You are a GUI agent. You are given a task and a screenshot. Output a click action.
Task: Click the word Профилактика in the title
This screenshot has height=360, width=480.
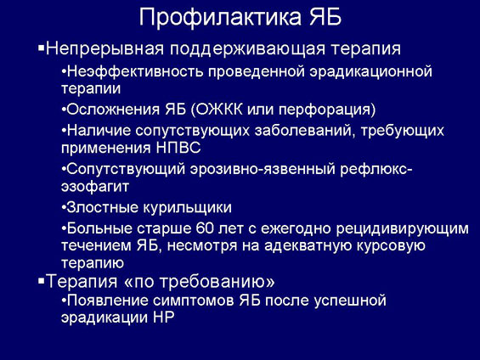220,18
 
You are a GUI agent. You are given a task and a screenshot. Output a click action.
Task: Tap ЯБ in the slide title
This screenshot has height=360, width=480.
325,17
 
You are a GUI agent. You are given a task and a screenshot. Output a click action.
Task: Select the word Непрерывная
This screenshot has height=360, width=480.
104,49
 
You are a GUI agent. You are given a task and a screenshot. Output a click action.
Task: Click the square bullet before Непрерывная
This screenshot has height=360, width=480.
41,48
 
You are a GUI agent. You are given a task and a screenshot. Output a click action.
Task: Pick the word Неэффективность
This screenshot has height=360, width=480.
135,71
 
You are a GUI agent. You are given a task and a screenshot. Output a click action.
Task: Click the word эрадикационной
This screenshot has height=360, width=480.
370,72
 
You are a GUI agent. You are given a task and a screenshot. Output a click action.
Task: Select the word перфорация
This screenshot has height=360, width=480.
325,110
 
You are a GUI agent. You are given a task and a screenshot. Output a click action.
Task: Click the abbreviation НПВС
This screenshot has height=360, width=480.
178,148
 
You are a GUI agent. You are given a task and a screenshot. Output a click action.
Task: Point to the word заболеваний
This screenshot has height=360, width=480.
305,132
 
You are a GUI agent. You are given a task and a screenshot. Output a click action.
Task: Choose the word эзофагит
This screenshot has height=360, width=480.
95,187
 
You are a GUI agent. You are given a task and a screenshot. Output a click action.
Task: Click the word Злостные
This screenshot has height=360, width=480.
103,207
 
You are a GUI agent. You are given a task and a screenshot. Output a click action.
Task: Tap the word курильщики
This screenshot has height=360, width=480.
188,208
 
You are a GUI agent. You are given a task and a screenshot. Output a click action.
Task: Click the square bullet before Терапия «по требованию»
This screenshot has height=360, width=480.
41,280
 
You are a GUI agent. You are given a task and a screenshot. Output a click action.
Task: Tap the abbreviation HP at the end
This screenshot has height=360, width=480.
163,318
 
